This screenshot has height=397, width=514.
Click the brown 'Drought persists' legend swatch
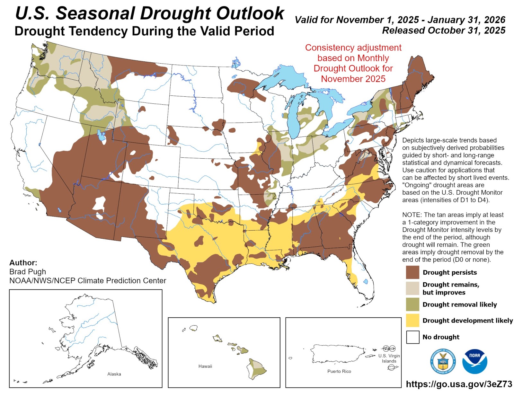pyautogui.click(x=412, y=272)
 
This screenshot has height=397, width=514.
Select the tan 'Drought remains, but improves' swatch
pyautogui.click(x=412, y=288)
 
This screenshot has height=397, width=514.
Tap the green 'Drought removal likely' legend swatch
pyautogui.click(x=412, y=304)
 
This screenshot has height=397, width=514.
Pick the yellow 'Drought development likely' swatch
pyautogui.click(x=412, y=320)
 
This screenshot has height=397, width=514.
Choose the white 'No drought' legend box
pyautogui.click(x=412, y=337)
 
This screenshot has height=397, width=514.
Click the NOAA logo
pyautogui.click(x=474, y=362)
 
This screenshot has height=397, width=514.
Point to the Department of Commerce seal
pyautogui.click(x=443, y=362)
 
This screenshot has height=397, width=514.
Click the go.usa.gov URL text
pyautogui.click(x=459, y=384)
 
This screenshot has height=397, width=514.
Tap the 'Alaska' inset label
pyautogui.click(x=114, y=374)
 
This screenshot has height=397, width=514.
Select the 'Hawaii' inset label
pyautogui.click(x=205, y=366)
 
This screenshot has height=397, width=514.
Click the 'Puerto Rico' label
pyautogui.click(x=339, y=371)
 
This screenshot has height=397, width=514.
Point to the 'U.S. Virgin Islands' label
pyautogui.click(x=389, y=358)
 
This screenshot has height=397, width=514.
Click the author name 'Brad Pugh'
pyautogui.click(x=28, y=272)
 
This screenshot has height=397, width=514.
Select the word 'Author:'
pyautogui.click(x=23, y=263)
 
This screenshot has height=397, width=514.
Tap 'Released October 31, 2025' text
pyautogui.click(x=444, y=31)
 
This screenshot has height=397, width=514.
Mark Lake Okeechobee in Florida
pyautogui.click(x=366, y=281)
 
